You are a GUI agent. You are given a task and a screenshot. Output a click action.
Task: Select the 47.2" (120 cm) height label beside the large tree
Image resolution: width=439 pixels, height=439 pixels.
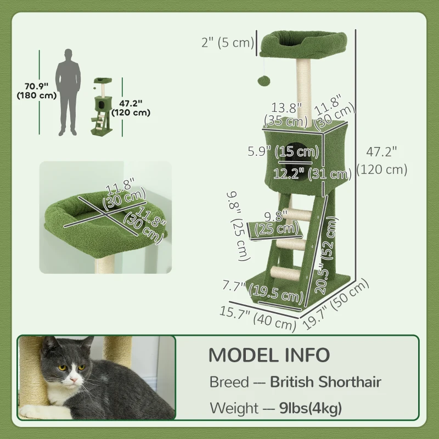[x=381, y=160]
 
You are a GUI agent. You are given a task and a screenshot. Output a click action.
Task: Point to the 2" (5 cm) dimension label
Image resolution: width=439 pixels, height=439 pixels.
[x=227, y=42]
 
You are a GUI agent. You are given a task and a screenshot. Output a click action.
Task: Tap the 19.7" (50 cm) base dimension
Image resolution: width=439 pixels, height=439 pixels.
[x=336, y=305]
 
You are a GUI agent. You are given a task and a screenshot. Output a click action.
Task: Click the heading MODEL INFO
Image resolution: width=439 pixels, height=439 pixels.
[x=269, y=354]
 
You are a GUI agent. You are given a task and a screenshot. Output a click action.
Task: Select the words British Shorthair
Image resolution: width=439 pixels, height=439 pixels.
[x=325, y=381]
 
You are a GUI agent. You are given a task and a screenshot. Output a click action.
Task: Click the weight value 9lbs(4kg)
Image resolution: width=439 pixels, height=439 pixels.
[x=307, y=408]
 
